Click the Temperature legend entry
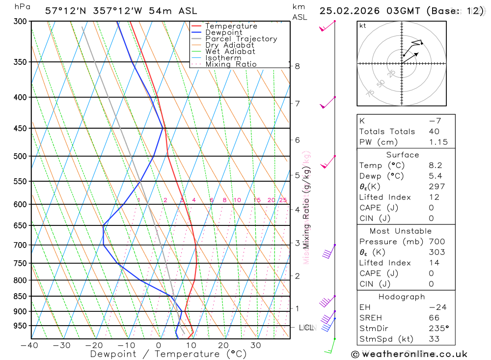pyautogui.click(x=231, y=26)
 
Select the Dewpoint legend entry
pyautogui.click(x=223, y=32)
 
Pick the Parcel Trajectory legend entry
pyautogui.click(x=241, y=39)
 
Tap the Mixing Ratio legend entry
pyautogui.click(x=231, y=64)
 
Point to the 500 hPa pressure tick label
pyautogui.click(x=20, y=156)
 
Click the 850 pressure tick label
pyautogui.click(x=20, y=296)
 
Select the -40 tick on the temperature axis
pyautogui.click(x=30, y=345)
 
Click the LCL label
pyautogui.click(x=306, y=327)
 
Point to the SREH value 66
pyautogui.click(x=434, y=318)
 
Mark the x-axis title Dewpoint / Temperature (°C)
pyautogui.click(x=168, y=354)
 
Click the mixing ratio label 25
pyautogui.click(x=283, y=200)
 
